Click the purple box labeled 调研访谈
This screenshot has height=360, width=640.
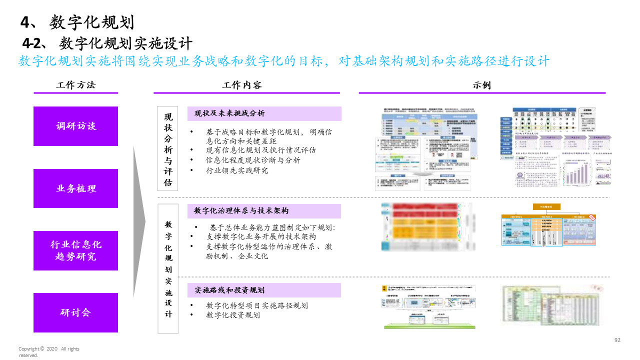pyautogui.click(x=75, y=126)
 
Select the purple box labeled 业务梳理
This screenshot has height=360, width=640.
pyautogui.click(x=75, y=188)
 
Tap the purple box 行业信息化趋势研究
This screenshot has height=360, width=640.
pyautogui.click(x=75, y=250)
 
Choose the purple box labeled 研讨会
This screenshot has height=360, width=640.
pyautogui.click(x=75, y=312)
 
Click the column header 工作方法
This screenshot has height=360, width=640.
pyautogui.click(x=75, y=85)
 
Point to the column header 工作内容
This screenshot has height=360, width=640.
pyautogui.click(x=241, y=85)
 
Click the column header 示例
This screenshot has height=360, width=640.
pyautogui.click(x=481, y=85)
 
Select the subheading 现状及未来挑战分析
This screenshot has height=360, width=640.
pyautogui.click(x=230, y=113)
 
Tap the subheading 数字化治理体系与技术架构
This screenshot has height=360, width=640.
pyautogui.click(x=241, y=211)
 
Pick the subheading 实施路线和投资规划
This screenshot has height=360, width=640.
pyautogui.click(x=230, y=290)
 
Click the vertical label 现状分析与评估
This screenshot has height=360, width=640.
pyautogui.click(x=168, y=149)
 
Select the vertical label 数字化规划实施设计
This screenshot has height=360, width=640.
pyautogui.click(x=168, y=269)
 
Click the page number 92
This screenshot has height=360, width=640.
pyautogui.click(x=617, y=340)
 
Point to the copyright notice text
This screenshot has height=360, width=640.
pyautogui.click(x=48, y=352)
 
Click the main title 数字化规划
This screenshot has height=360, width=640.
pyautogui.click(x=77, y=22)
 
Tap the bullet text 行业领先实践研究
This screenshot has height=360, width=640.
pyautogui.click(x=237, y=170)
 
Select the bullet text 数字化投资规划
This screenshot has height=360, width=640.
pyautogui.click(x=233, y=315)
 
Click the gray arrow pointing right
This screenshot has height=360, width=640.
pyautogui.click(x=138, y=220)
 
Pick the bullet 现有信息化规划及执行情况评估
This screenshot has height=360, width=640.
pyautogui.click(x=261, y=149)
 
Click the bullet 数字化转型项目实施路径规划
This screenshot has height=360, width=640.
pyautogui.click(x=257, y=305)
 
